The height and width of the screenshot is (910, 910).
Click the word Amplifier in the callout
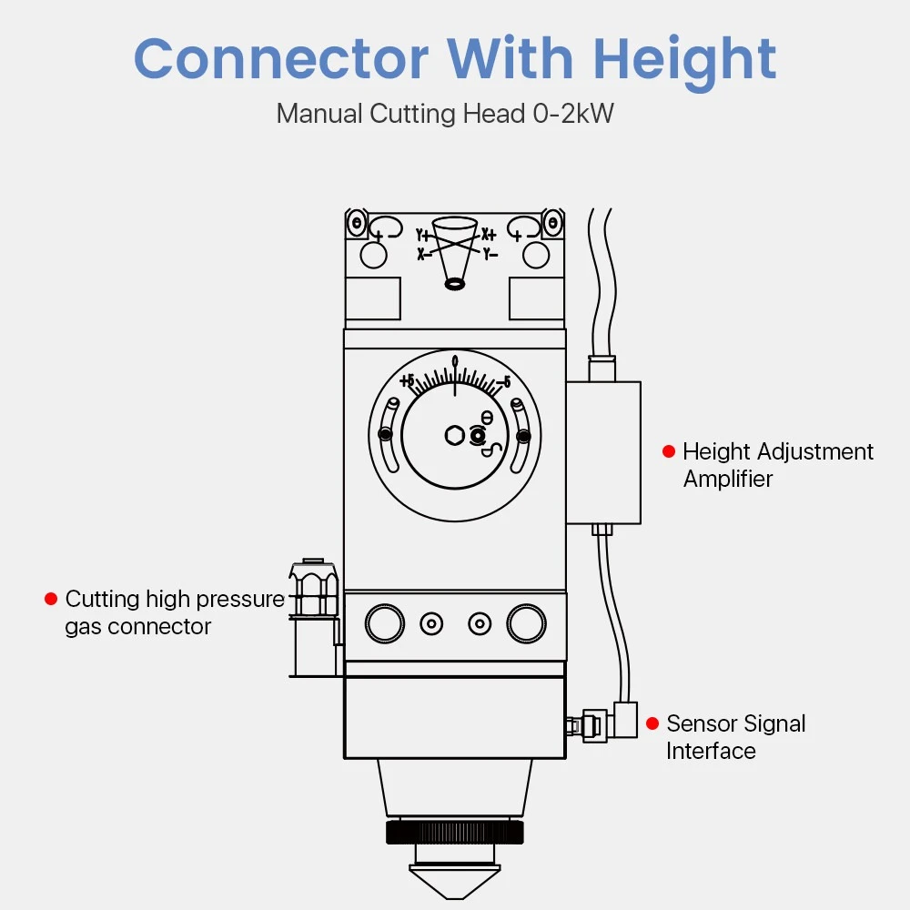[x=728, y=480]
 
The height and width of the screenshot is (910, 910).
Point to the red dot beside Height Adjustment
[x=669, y=451]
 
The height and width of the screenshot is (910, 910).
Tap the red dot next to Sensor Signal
[x=652, y=723]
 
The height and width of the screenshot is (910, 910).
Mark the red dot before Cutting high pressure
[x=51, y=599]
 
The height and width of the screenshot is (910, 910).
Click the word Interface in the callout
[x=711, y=751]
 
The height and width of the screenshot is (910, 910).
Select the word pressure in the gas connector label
[x=239, y=599]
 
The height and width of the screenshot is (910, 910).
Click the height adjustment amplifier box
[x=603, y=452]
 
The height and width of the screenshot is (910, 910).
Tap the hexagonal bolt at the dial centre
[x=454, y=436]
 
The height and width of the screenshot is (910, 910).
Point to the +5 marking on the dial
[x=407, y=379]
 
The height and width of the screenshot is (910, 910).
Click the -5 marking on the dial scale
[x=502, y=380]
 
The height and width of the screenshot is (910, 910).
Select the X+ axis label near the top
[x=489, y=234]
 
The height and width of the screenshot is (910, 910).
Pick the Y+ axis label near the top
[x=422, y=235]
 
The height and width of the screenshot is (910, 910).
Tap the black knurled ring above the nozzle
[x=455, y=831]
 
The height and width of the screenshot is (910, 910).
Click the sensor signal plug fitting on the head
[x=591, y=724]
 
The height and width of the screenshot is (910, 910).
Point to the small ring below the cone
[x=454, y=285]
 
